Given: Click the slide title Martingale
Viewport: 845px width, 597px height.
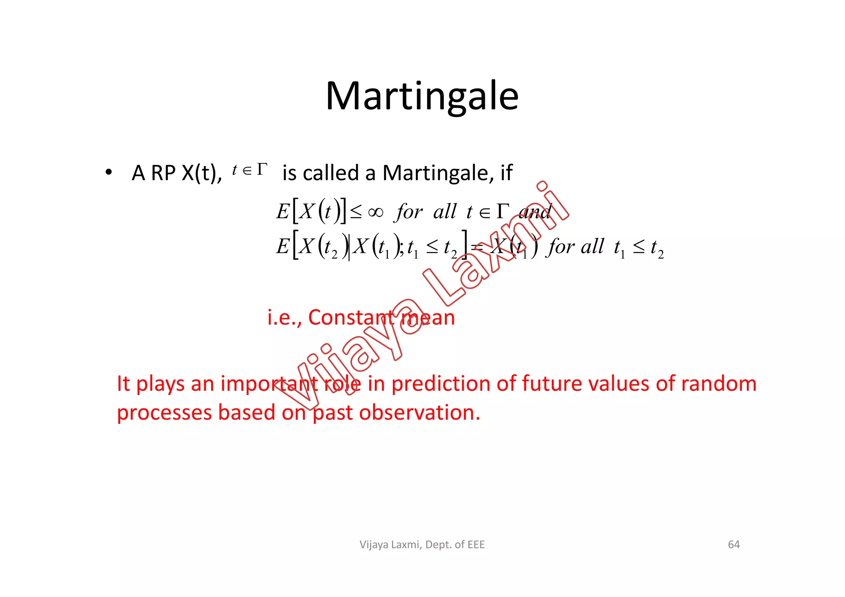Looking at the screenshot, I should coord(422,96).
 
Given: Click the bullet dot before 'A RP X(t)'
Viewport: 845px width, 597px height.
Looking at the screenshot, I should coord(108,173).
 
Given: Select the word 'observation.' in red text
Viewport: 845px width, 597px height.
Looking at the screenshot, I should coord(420,412).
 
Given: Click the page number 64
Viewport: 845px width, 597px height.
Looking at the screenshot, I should coord(734,545).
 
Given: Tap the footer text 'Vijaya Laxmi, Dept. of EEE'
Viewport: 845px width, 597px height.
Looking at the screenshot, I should coord(422,545).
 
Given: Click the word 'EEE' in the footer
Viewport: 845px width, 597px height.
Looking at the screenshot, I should coord(476,545).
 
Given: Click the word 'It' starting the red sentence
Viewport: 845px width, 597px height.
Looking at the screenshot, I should coord(123,383).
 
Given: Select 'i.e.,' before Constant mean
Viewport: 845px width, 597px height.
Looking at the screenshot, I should coord(284,317).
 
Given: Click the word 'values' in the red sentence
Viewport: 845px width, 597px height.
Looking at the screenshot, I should coord(619,383).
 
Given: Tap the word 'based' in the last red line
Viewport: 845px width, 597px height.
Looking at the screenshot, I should coord(246,412).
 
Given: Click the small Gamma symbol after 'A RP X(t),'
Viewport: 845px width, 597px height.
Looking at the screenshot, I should coord(262,169).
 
